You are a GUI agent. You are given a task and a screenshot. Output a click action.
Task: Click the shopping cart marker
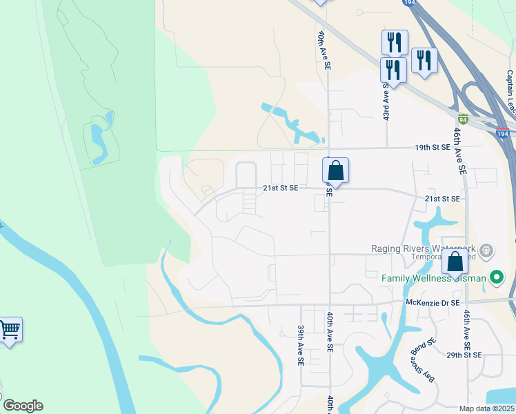click(10, 330)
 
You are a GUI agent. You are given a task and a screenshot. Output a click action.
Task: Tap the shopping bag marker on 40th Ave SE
click(335, 170)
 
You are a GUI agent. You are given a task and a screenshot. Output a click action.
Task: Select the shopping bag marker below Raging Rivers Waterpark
click(455, 264)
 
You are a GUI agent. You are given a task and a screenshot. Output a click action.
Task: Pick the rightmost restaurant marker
click(424, 61)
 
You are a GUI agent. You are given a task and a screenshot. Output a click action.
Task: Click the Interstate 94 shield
click(464, 119)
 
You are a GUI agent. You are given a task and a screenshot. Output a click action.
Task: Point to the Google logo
click(22, 406)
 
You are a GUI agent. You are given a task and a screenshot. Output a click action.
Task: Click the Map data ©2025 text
click(487, 408)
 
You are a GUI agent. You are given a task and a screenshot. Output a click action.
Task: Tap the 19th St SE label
click(432, 147)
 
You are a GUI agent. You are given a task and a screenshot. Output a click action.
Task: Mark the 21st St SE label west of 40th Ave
click(280, 188)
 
